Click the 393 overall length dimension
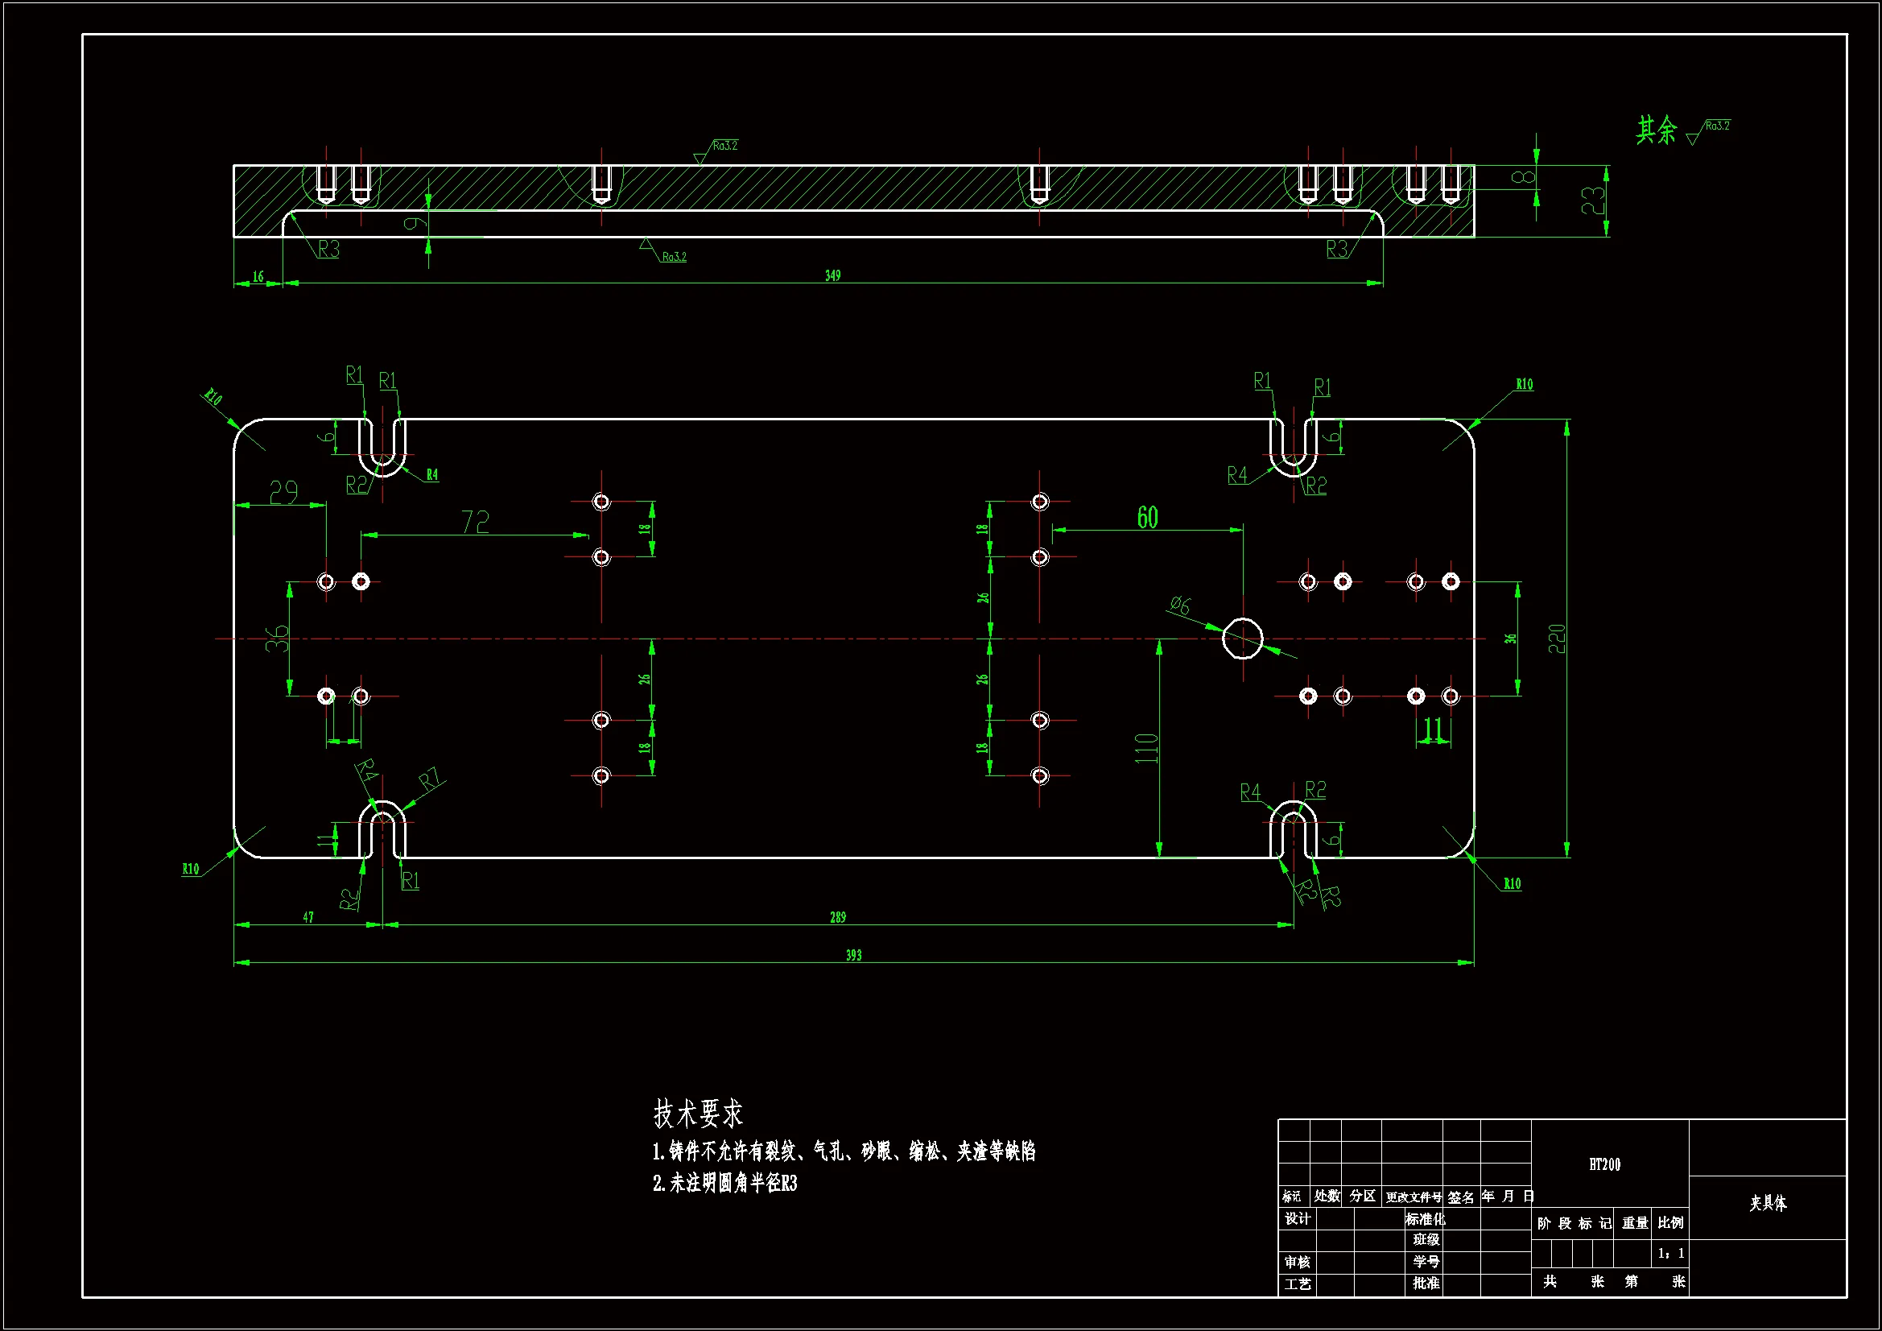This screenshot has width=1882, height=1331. pyautogui.click(x=853, y=956)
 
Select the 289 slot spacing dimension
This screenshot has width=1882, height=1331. pyautogui.click(x=837, y=918)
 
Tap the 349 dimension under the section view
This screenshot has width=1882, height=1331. pyautogui.click(x=833, y=276)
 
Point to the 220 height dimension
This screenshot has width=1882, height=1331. pyautogui.click(x=1557, y=639)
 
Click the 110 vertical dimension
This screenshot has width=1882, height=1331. pyautogui.click(x=1147, y=748)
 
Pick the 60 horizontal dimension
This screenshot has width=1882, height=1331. pyautogui.click(x=1148, y=518)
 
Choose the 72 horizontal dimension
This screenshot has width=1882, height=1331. pyautogui.click(x=476, y=523)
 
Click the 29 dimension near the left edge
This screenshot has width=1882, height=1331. pyautogui.click(x=283, y=492)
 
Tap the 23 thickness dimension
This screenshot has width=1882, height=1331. pyautogui.click(x=1593, y=201)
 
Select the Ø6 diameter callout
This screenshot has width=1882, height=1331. pyautogui.click(x=1180, y=606)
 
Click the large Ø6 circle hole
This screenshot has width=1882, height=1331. pyautogui.click(x=1243, y=639)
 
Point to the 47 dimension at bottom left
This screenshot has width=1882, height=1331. pyautogui.click(x=308, y=918)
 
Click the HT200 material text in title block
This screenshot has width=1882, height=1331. pyautogui.click(x=1604, y=1164)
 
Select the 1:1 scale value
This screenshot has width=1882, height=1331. pyautogui.click(x=1670, y=1253)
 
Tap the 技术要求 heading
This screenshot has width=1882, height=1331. pyautogui.click(x=698, y=1114)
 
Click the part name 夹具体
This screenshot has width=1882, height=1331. pyautogui.click(x=1768, y=1203)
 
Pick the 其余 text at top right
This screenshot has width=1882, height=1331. pyautogui.click(x=1657, y=130)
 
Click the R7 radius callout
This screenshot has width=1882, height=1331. pyautogui.click(x=431, y=779)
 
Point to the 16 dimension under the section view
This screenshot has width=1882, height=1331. pyautogui.click(x=258, y=277)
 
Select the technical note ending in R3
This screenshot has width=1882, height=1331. pyautogui.click(x=724, y=1184)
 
